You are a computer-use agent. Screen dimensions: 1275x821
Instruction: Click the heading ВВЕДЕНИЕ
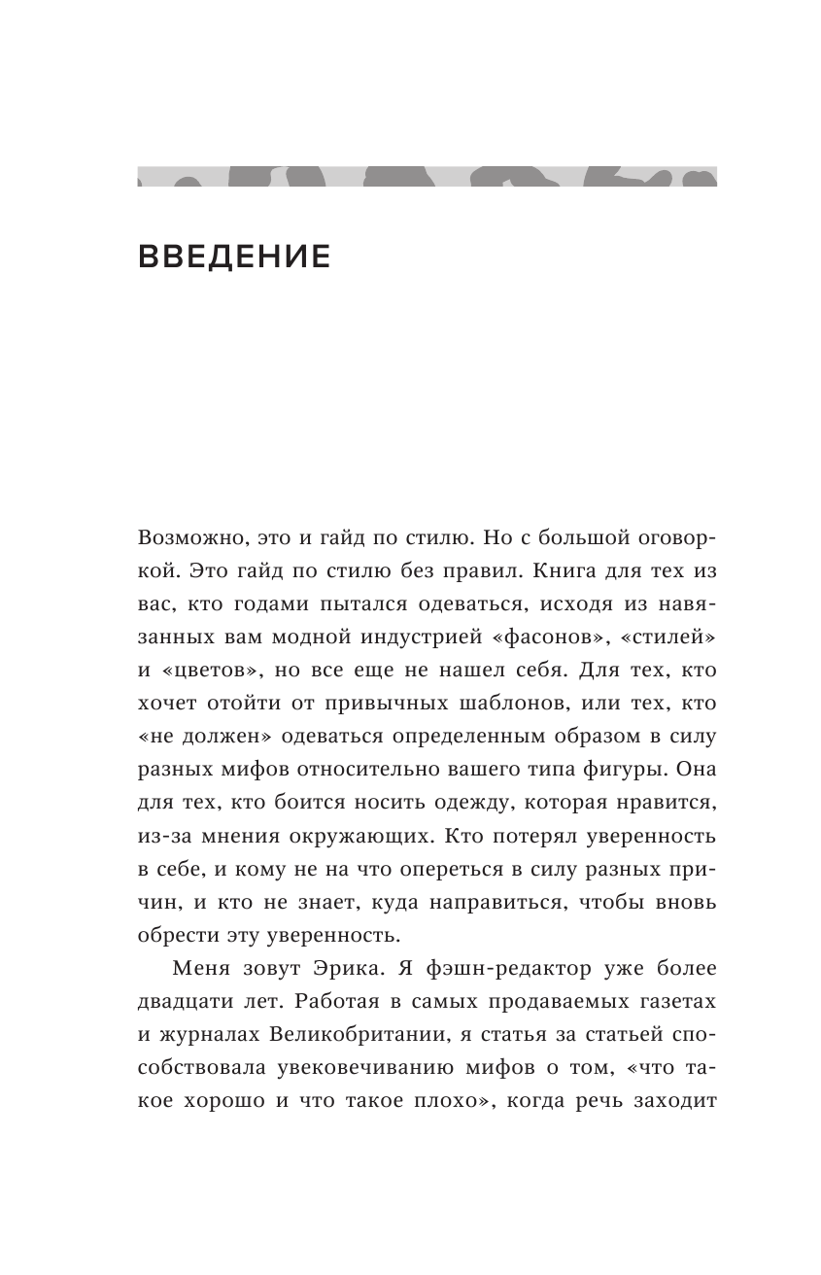tap(234, 257)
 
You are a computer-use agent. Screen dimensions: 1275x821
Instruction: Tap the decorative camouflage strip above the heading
tap(427, 176)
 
